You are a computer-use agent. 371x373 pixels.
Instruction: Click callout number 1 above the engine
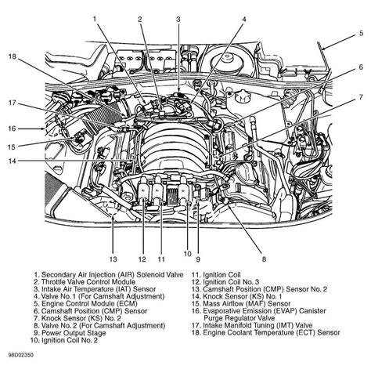[95, 18]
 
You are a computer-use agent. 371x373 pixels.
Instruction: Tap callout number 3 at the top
[178, 18]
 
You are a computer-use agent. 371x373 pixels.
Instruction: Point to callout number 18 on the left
[12, 57]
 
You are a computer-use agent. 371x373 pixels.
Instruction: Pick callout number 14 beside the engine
[12, 162]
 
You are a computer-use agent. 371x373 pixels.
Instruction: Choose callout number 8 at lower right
[263, 258]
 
